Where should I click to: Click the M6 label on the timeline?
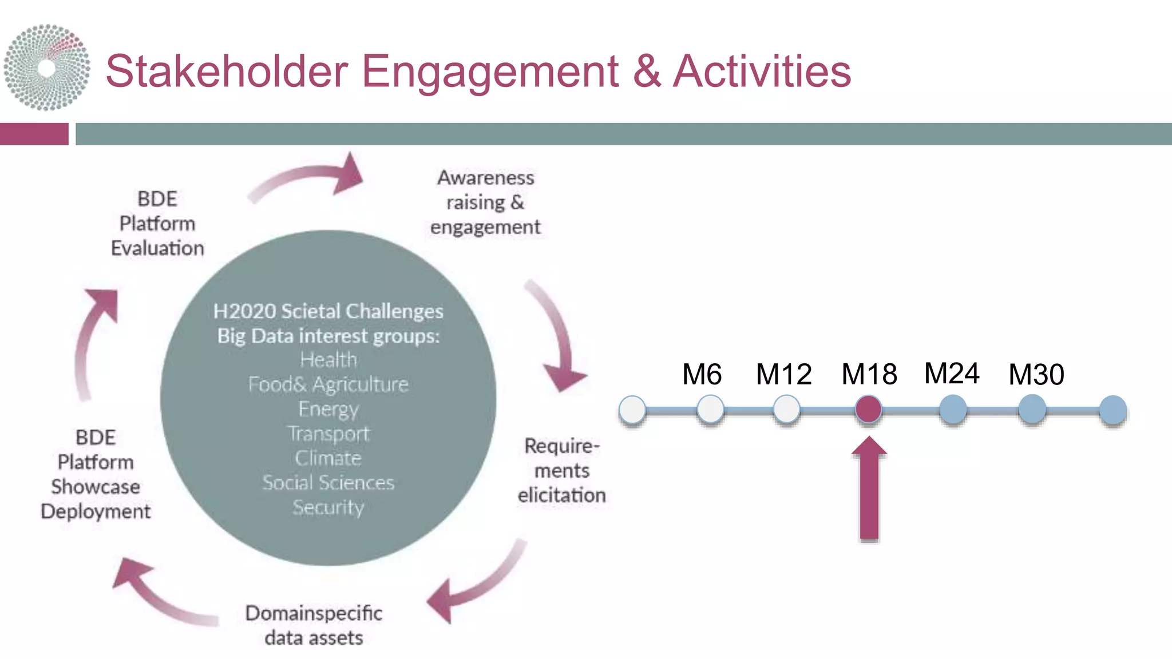click(x=702, y=375)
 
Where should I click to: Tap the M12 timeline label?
click(x=783, y=375)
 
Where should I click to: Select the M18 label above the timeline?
click(x=869, y=375)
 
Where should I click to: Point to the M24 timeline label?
click(x=952, y=374)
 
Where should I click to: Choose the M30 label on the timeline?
click(x=1036, y=375)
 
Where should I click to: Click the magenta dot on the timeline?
click(x=869, y=410)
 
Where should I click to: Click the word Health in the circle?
click(x=328, y=360)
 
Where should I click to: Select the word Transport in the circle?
click(x=328, y=434)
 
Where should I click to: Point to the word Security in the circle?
click(x=328, y=507)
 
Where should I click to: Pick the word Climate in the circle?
click(x=328, y=458)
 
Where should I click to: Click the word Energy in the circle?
click(x=328, y=409)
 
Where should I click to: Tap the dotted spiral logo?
click(x=47, y=68)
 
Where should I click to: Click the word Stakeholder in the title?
click(x=227, y=72)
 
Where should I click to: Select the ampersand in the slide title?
click(x=647, y=72)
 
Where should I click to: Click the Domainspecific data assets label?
click(x=314, y=625)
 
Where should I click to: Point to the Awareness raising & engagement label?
click(x=485, y=203)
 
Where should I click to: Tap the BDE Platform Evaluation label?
click(x=157, y=224)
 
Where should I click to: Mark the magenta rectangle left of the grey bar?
click(x=34, y=134)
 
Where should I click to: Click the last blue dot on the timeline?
click(x=1112, y=410)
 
